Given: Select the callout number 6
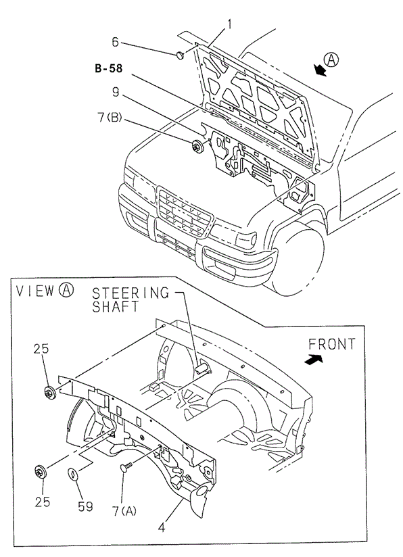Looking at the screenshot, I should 116,42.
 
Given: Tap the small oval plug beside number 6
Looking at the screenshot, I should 179,55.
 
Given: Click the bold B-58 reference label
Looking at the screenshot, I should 108,68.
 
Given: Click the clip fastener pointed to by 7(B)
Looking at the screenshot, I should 197,144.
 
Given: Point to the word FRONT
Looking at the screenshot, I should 331,344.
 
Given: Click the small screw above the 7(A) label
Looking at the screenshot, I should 125,467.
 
